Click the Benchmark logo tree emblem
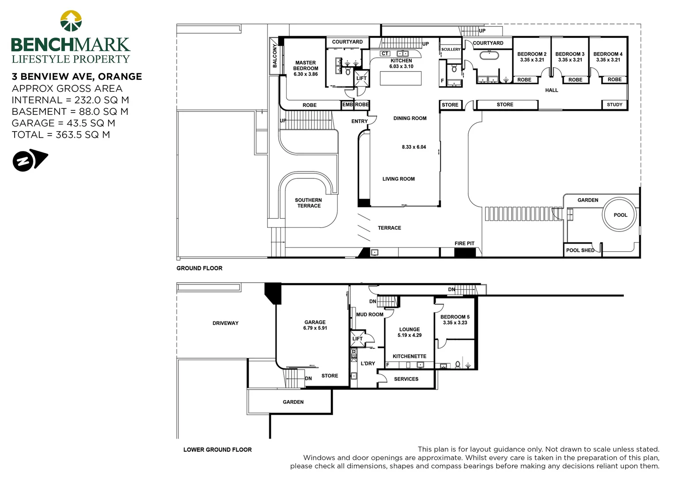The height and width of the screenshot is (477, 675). point(71,21)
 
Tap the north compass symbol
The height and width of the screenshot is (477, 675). point(30,160)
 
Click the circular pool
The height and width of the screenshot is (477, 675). point(619,215)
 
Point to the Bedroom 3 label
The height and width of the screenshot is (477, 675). point(570,54)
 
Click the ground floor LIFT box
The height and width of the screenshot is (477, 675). point(361,78)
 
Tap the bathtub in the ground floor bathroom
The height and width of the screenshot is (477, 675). point(489,56)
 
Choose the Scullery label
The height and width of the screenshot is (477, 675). point(451,49)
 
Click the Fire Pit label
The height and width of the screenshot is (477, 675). point(464,243)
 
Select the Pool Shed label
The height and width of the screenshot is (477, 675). point(580,250)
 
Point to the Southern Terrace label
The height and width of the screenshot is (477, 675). point(309,203)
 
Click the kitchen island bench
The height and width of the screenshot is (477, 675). point(401,78)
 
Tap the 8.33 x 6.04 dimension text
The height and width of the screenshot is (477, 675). point(414,147)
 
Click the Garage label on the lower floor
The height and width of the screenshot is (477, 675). point(315,322)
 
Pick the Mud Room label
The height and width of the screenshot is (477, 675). point(370,314)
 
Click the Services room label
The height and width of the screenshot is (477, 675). point(406,379)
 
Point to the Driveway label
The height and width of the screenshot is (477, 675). point(225,323)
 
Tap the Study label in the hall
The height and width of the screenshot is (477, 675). point(614,105)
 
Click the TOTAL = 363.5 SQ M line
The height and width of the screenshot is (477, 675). point(61,135)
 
